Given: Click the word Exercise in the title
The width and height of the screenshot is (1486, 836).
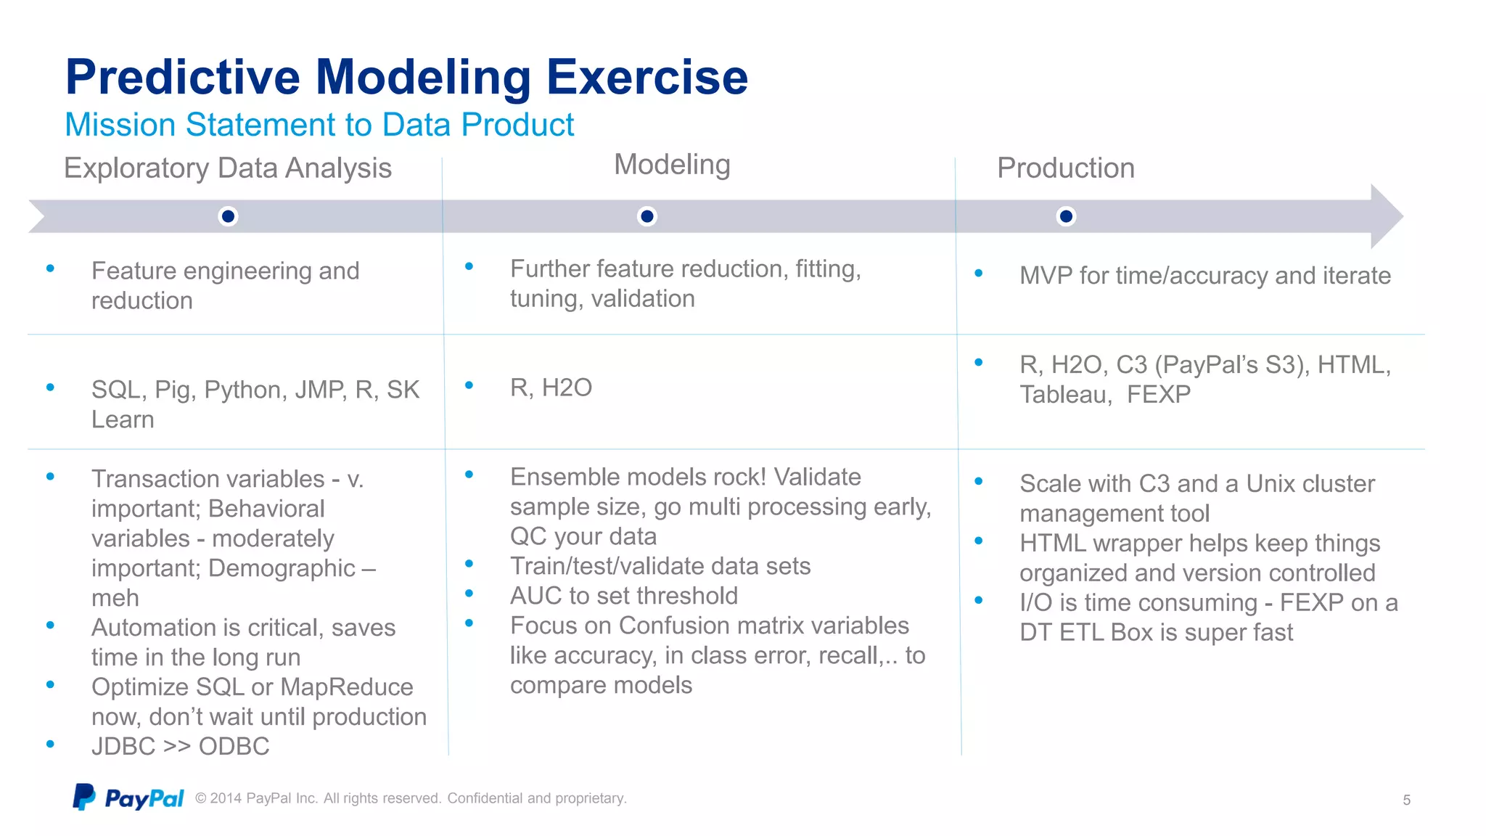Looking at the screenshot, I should [x=646, y=77].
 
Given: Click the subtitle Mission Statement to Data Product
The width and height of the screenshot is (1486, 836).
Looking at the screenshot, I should [x=319, y=125].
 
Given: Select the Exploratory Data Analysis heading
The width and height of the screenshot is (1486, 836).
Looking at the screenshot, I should [x=228, y=168].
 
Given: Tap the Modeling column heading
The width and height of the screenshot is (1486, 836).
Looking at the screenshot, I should [x=672, y=165].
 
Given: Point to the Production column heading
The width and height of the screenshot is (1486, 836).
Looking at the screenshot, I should [x=1065, y=168].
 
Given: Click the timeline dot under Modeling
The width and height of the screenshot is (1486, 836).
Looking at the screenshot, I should [x=646, y=216].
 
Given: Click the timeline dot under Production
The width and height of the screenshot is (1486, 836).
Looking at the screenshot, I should [x=1066, y=216].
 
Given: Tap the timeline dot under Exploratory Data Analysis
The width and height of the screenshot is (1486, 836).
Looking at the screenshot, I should [x=228, y=216].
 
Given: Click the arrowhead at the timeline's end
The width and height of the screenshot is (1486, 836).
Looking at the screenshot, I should [x=1385, y=216].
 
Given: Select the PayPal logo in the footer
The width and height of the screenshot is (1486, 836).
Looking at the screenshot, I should [x=128, y=798].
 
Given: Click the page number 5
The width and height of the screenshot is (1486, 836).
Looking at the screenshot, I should [x=1406, y=800].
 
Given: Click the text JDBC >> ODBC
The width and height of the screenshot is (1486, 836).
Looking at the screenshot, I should [x=180, y=747].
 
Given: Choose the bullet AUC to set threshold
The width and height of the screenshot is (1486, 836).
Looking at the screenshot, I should [x=623, y=596].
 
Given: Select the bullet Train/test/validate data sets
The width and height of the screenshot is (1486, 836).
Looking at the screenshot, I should [x=660, y=566].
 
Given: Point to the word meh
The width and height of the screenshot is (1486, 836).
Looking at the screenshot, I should [x=115, y=598].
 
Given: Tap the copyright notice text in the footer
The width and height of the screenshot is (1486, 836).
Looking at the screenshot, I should [x=411, y=798].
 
